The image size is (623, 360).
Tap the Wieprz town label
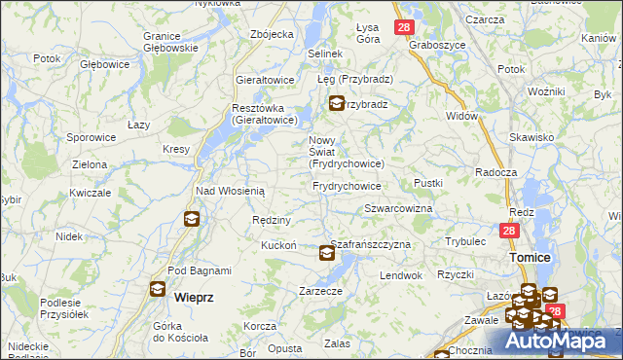tap(193, 294)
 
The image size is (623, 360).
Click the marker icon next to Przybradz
tap(336, 104)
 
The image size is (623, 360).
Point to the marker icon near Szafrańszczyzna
tap(327, 254)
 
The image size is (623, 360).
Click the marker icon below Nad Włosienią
tap(191, 220)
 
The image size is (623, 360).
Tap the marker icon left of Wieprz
tap(158, 289)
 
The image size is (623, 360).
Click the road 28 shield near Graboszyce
tap(404, 28)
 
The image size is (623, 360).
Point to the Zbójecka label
tap(272, 34)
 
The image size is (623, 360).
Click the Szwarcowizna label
tap(397, 209)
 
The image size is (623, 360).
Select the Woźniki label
tap(547, 90)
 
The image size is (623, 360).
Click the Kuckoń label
tap(278, 245)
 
